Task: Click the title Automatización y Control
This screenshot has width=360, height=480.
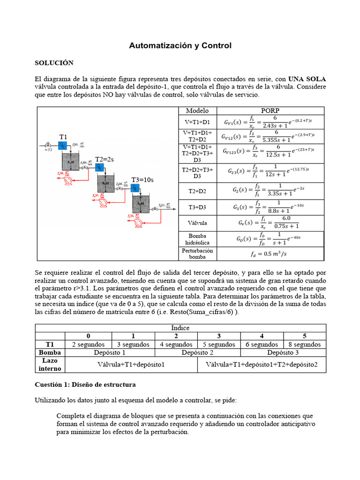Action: (x=180, y=45)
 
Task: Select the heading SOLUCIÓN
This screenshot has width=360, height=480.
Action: (x=54, y=63)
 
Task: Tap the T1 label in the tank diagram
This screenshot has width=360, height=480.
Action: (x=63, y=136)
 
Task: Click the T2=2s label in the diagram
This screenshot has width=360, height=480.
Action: (x=105, y=159)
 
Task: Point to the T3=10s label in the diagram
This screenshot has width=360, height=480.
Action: (x=142, y=180)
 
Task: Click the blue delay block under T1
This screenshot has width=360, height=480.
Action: (x=62, y=146)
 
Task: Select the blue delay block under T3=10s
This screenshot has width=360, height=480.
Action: (x=135, y=188)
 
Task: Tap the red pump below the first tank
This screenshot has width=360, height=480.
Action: (x=68, y=181)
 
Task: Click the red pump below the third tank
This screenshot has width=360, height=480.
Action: (x=139, y=224)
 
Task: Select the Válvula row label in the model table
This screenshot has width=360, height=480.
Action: (x=197, y=223)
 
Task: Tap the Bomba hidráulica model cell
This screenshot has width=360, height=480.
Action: (x=197, y=239)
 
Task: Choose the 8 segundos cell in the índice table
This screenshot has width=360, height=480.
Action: (x=305, y=345)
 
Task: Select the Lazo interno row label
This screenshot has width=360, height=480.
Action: (x=50, y=365)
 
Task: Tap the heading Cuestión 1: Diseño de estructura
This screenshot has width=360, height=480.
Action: (x=85, y=384)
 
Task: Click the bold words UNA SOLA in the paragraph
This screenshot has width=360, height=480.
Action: (x=307, y=78)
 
